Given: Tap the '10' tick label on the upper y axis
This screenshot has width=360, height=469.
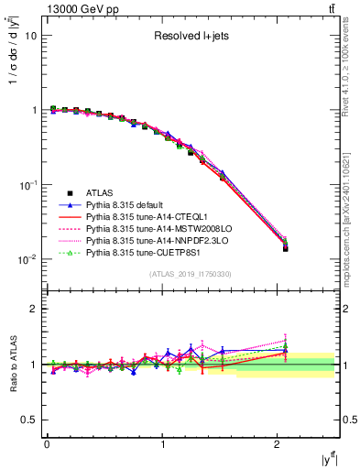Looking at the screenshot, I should tap(29, 36).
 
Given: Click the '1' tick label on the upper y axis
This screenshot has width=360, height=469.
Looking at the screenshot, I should tap(33, 110).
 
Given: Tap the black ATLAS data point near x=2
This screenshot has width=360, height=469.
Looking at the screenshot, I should tap(285, 248).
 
